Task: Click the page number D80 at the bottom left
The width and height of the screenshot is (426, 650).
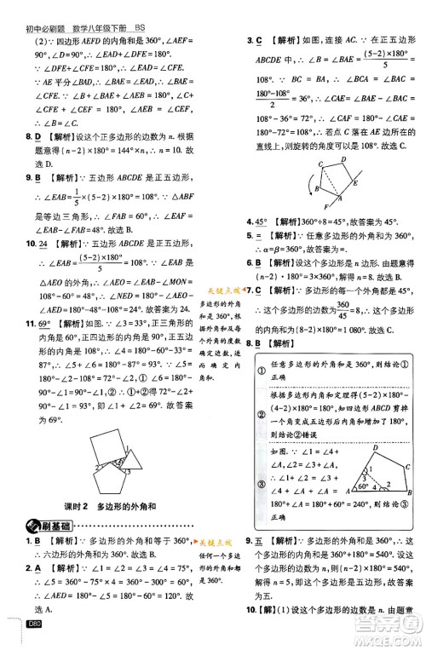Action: click(35, 641)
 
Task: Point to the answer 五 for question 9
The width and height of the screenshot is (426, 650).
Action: click(268, 542)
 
